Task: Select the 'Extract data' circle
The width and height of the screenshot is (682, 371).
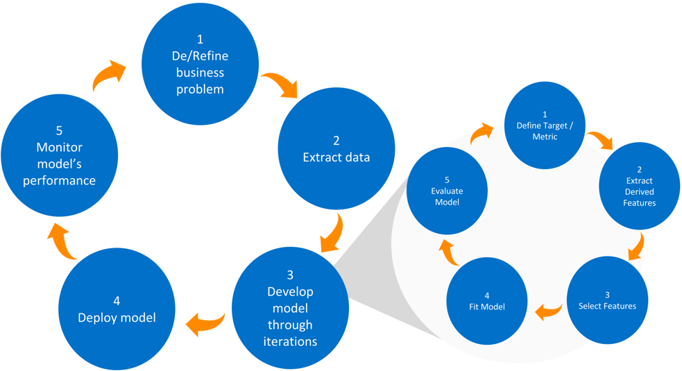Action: coord(336,148)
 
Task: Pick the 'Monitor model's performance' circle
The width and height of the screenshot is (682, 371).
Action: coord(59,155)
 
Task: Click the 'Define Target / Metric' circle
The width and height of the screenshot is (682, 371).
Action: coord(545,126)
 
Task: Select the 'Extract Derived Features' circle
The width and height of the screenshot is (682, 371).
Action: coord(639,186)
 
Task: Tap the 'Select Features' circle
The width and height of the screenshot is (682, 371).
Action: coord(607,300)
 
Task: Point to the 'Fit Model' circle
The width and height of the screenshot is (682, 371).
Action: coord(486,300)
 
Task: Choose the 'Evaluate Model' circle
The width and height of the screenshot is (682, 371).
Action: coord(447,191)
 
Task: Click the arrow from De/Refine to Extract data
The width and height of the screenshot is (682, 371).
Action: coord(280,84)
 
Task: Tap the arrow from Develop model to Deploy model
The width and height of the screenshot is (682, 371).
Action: coord(205,322)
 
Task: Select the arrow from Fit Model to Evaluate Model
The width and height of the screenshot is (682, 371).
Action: coord(450,253)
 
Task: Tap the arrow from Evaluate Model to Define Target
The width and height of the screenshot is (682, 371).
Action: coord(480,132)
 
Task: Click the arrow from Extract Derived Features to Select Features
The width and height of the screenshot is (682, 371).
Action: coord(636,246)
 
